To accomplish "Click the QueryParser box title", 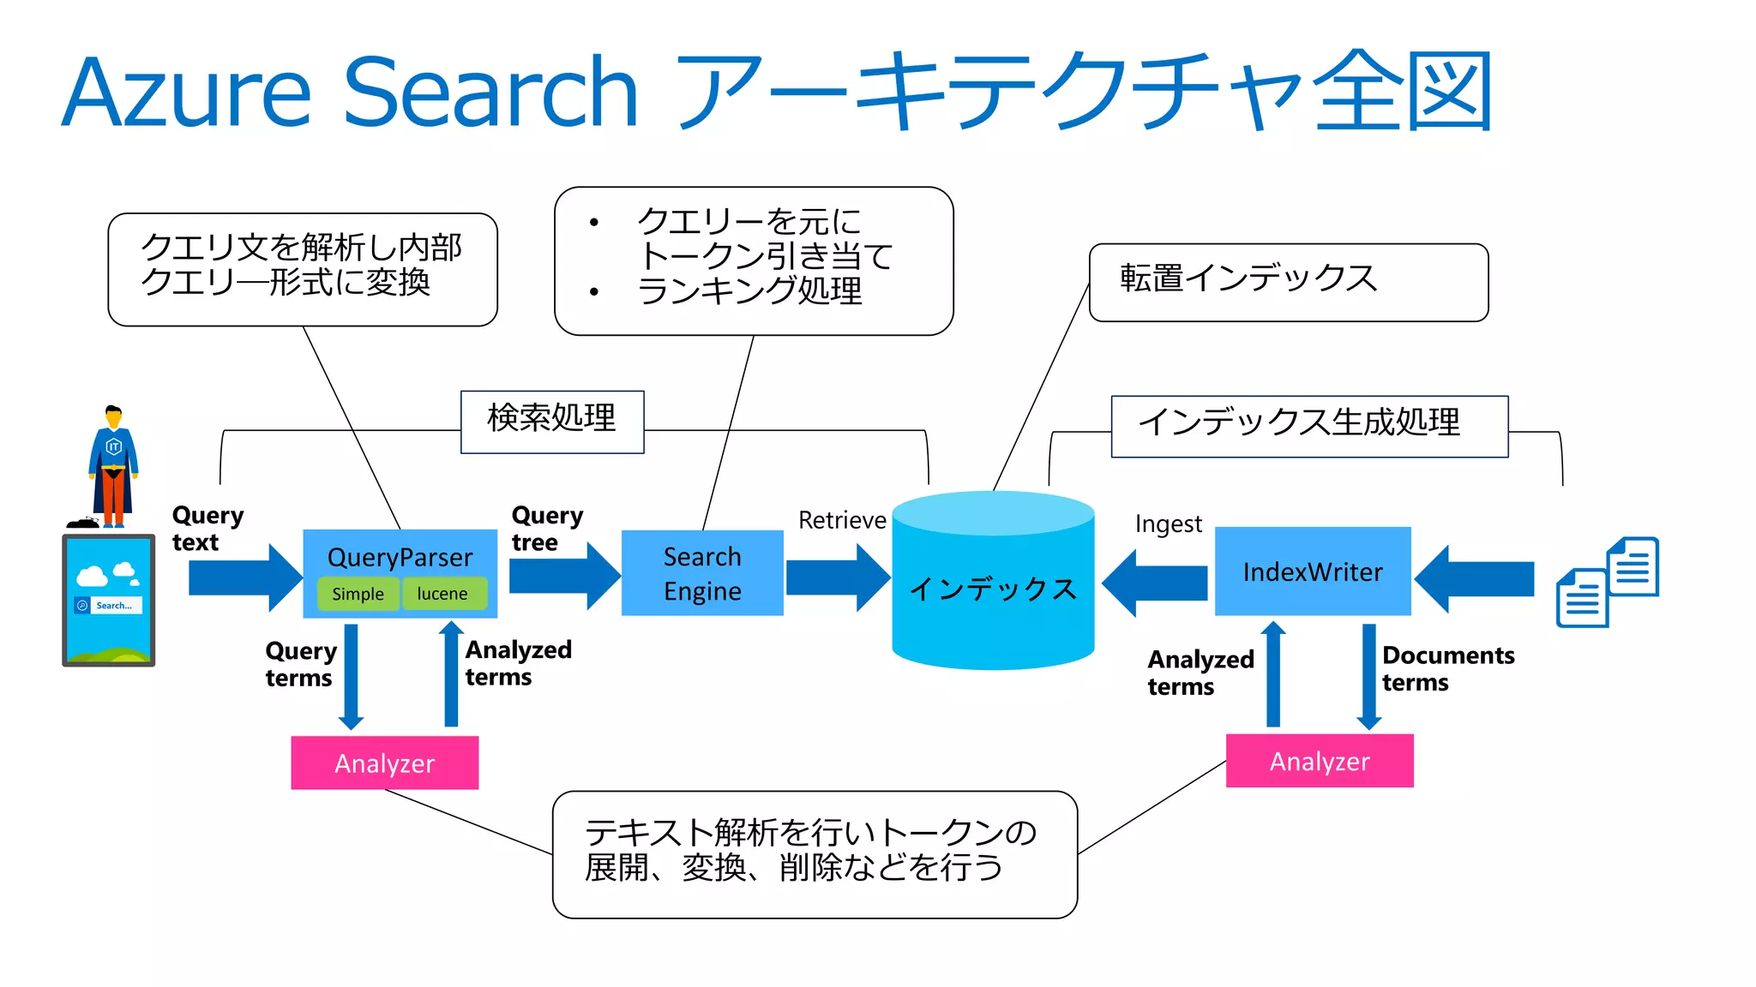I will point(400,557).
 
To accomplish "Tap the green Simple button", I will point(358,594).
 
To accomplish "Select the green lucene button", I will point(442,594).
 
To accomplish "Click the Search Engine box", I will point(702,573).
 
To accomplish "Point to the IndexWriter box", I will point(1313,571).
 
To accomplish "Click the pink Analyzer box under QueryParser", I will point(385,763).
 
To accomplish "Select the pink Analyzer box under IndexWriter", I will point(1320,761).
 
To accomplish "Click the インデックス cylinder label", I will point(993,589).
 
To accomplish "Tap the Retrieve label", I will point(842,520).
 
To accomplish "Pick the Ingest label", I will point(1168,523).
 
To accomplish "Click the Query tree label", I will point(547,529).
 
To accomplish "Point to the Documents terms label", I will point(1447,668).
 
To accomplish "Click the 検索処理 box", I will point(552,421).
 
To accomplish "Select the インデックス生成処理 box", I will point(1308,426).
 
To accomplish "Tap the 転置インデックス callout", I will point(1287,282).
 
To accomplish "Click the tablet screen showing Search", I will point(109,599).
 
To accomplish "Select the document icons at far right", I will point(1607,582).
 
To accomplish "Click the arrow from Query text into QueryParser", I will point(244,577).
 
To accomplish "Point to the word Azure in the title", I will point(186,93).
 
